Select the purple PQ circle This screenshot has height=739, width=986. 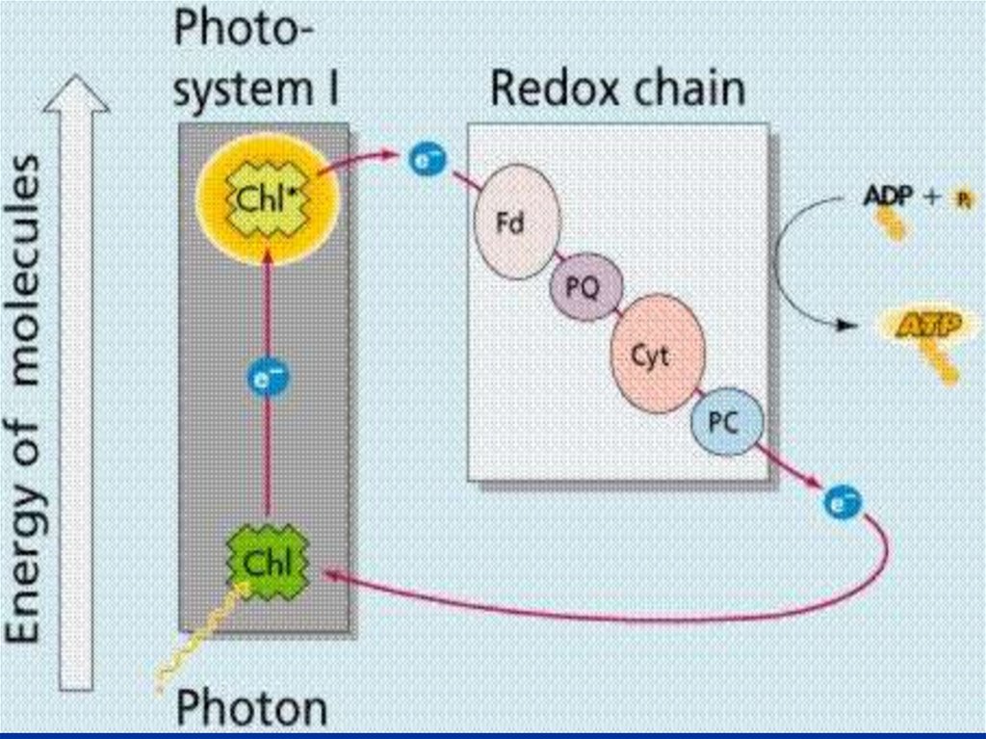pyautogui.click(x=586, y=285)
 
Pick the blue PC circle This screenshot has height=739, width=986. pyautogui.click(x=726, y=420)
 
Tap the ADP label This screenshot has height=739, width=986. pyautogui.click(x=887, y=198)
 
